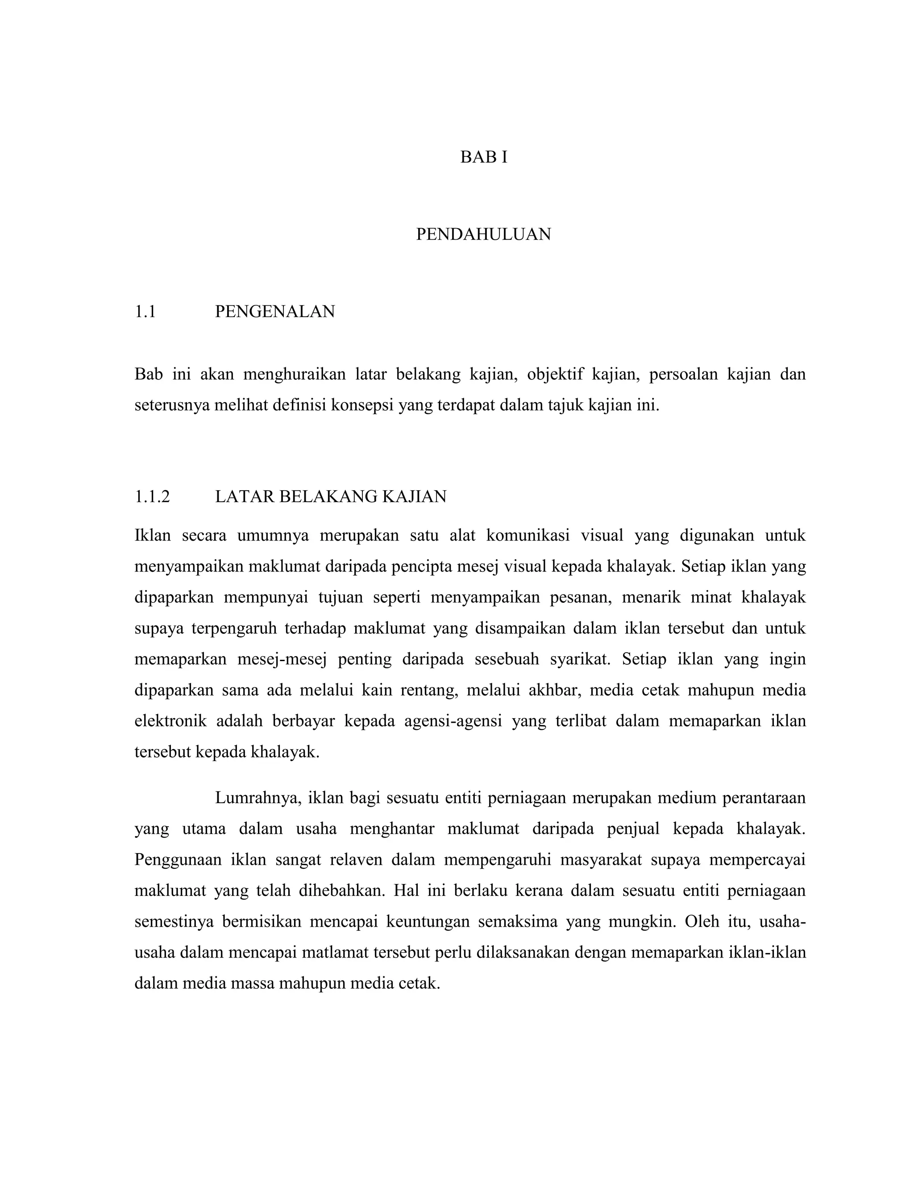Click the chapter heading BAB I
pos(483,157)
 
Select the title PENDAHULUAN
pos(483,234)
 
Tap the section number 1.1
pos(145,312)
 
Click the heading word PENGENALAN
pos(275,312)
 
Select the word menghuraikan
pos(294,374)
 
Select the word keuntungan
pos(427,921)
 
